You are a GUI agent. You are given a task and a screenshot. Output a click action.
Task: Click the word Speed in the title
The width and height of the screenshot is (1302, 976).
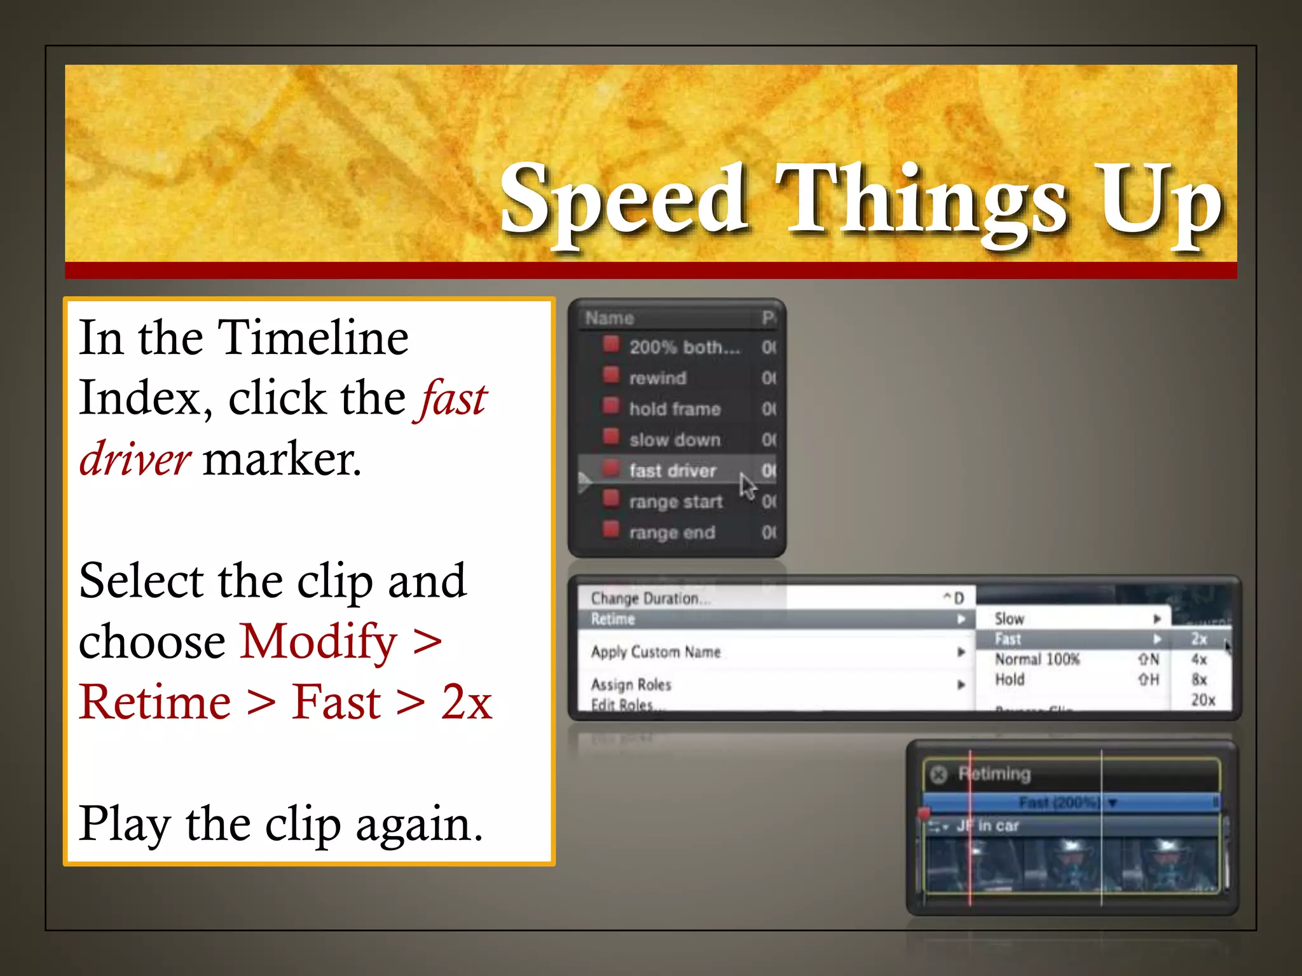tap(623, 200)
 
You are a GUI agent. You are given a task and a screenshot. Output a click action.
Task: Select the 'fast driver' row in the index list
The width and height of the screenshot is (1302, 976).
tap(673, 471)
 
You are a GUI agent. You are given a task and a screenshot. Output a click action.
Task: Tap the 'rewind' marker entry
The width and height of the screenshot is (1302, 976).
tap(657, 378)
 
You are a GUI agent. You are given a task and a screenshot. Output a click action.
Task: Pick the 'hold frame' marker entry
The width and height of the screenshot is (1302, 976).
tap(675, 409)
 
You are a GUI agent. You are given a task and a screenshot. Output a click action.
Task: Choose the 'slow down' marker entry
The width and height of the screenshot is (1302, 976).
tap(675, 440)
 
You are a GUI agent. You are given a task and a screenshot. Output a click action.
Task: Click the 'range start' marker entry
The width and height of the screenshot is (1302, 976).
tap(676, 502)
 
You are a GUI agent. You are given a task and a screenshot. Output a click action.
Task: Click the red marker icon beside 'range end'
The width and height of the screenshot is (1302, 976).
tap(611, 529)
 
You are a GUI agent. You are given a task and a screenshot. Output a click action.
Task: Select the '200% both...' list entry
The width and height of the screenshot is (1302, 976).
tap(684, 347)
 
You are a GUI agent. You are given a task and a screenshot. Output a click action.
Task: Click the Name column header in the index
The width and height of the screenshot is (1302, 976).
tap(610, 318)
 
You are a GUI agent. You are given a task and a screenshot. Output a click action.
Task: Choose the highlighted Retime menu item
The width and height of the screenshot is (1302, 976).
tap(613, 619)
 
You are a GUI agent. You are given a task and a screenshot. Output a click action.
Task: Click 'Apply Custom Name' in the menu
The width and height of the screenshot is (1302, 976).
tap(655, 652)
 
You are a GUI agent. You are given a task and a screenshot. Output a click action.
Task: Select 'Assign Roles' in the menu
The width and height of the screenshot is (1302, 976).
tap(631, 684)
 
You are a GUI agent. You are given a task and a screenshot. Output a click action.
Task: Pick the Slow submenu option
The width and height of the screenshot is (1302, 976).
tap(1010, 618)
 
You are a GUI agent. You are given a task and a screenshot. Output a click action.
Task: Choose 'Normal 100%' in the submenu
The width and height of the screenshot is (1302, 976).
tap(1037, 659)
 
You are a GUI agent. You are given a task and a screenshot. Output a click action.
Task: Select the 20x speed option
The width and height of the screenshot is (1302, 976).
tap(1203, 700)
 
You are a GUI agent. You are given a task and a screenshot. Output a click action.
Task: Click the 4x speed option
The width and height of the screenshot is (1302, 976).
tap(1199, 659)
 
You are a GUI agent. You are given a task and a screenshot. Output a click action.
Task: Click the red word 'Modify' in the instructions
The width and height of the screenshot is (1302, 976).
tap(319, 642)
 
